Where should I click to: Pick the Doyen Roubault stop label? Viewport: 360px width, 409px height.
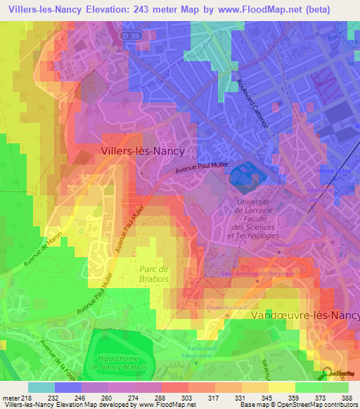pyautogui.click(x=224, y=307)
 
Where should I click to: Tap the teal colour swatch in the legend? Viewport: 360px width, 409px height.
pyautogui.click(x=41, y=387)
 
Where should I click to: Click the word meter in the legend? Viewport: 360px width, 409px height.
pyautogui.click(x=10, y=397)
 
